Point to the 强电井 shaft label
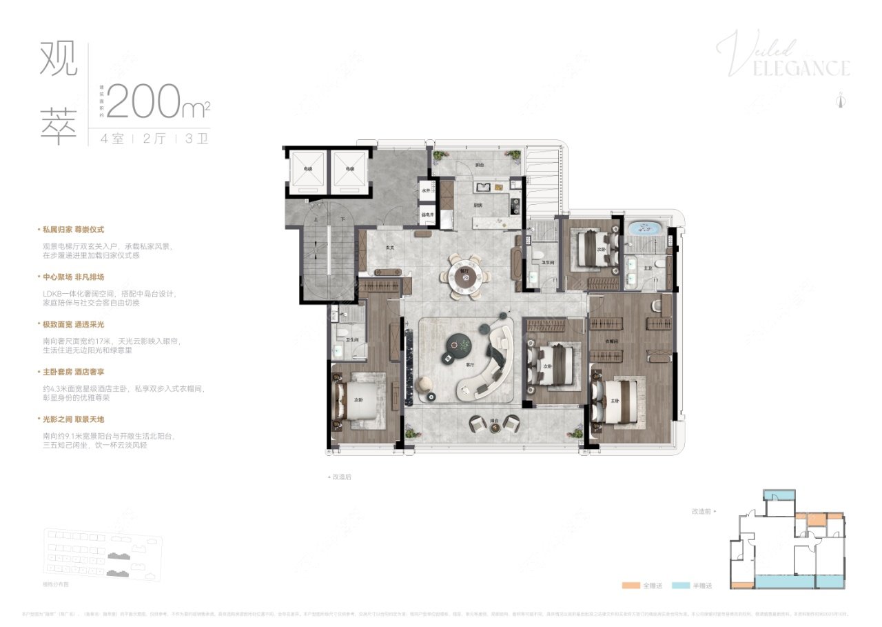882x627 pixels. [427, 215]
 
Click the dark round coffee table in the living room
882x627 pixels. [458, 341]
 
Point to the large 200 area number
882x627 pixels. [147, 101]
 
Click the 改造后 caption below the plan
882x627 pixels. [341, 477]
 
